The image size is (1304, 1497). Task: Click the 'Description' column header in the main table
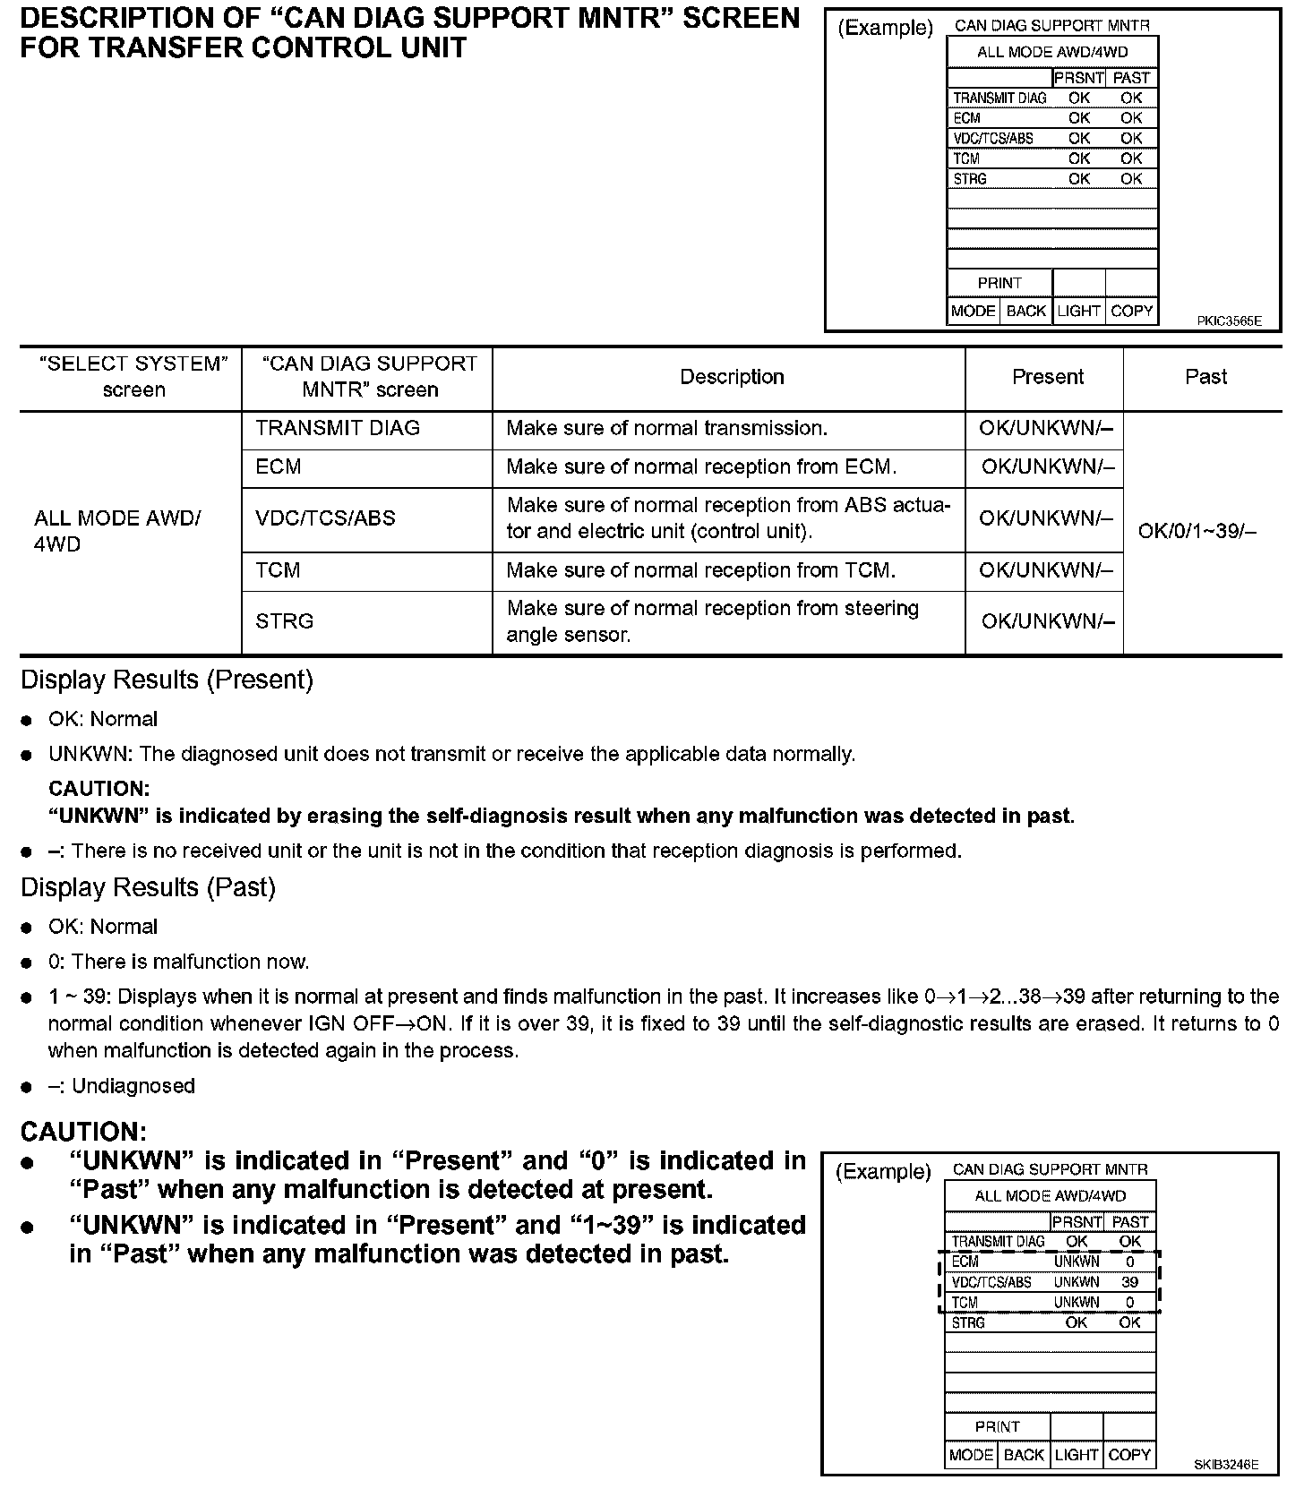click(x=732, y=377)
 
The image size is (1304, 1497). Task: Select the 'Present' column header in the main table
click(x=1047, y=377)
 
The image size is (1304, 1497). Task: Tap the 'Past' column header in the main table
click(x=1205, y=377)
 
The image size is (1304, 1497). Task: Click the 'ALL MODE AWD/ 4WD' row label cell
click(x=117, y=531)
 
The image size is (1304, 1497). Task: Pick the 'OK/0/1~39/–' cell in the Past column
click(x=1197, y=531)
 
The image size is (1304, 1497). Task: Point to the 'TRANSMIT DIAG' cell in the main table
click(x=338, y=428)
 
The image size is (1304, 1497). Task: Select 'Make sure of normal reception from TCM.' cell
click(x=700, y=570)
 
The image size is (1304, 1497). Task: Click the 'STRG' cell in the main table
click(x=284, y=621)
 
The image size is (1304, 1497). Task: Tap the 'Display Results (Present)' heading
click(x=167, y=680)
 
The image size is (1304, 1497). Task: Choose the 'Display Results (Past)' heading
click(x=148, y=887)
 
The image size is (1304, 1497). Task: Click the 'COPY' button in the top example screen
click(x=1131, y=311)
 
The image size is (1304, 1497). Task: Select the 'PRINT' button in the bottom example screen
click(x=997, y=1427)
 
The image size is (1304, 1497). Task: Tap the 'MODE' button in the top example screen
click(x=973, y=311)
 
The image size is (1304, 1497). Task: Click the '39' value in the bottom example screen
click(x=1129, y=1282)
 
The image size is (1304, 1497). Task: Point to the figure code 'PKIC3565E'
click(x=1229, y=321)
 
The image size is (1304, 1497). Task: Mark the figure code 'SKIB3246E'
click(x=1225, y=1465)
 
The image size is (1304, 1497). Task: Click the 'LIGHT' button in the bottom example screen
click(x=1076, y=1455)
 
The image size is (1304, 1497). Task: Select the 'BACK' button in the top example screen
click(x=1025, y=311)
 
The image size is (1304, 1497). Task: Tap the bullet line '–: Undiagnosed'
click(x=121, y=1086)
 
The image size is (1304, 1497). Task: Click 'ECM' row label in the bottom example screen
click(x=965, y=1262)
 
